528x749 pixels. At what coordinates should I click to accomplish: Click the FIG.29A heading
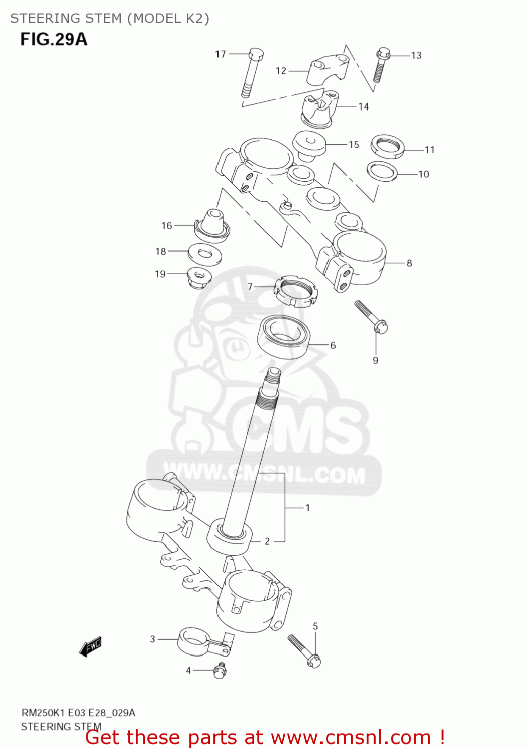click(54, 39)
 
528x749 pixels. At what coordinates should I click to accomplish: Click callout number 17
click(221, 54)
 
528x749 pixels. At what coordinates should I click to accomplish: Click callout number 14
click(363, 106)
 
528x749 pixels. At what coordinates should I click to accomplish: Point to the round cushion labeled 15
click(309, 144)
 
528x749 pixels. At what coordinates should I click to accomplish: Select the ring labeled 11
click(388, 146)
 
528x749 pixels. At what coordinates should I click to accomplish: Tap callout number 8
click(409, 263)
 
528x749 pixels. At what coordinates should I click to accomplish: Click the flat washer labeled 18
click(205, 253)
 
